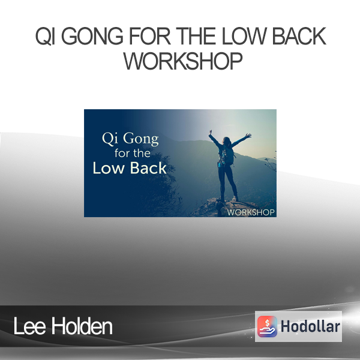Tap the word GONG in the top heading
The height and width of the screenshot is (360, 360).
pos(92,36)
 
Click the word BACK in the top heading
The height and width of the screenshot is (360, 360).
pos(299,36)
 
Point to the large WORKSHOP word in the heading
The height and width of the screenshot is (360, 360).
pos(183,61)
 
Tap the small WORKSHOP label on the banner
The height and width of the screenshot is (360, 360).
pos(251,212)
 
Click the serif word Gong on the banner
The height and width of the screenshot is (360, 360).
pos(141,139)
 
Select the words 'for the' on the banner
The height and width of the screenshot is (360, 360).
pos(133,153)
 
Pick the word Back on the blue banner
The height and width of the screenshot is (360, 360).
pos(148,168)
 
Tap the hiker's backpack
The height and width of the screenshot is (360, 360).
pos(227,155)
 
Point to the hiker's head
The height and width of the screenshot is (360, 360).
pos(226,140)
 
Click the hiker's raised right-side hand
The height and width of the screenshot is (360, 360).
pos(248,136)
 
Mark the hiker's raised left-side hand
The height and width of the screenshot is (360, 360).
pos(210,132)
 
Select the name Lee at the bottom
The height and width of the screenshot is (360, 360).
pos(29,326)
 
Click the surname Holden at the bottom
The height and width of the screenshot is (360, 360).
pos(82,326)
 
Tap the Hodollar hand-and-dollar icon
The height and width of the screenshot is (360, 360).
pos(267,326)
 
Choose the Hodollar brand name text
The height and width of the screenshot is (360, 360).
pos(310,326)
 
